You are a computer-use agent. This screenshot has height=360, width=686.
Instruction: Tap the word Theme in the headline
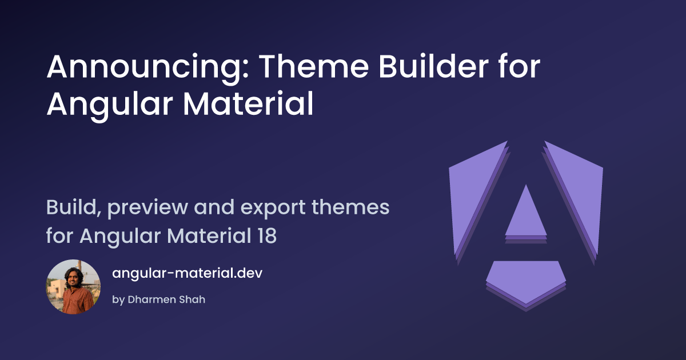coord(314,66)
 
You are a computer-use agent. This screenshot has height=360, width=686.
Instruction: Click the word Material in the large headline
coord(248,103)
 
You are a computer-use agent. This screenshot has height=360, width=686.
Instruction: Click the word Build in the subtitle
coord(74,207)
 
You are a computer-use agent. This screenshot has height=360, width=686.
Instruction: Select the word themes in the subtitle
coord(350,207)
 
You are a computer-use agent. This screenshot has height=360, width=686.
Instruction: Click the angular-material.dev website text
coord(187,273)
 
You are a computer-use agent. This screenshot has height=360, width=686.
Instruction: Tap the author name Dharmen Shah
coord(166,299)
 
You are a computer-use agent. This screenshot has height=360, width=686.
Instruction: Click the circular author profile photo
coord(73,287)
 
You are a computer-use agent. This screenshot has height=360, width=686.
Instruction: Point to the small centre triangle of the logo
coord(526,216)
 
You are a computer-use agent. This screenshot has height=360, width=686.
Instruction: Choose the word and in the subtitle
coord(214,207)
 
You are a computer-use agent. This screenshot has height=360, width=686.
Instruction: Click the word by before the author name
coord(118,300)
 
